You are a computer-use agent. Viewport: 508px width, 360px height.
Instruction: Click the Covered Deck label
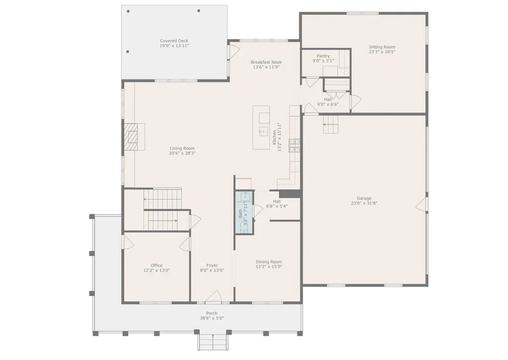pos(174,41)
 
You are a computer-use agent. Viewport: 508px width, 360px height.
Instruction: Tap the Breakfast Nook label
pos(266,62)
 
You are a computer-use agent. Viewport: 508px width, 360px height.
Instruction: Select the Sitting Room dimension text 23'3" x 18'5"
pos(382,52)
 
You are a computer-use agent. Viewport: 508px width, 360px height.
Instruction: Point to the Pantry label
pos(323,56)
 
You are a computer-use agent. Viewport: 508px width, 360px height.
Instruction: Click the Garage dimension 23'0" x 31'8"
pos(364,203)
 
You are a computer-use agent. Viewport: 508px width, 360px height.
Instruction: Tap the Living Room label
pos(182,148)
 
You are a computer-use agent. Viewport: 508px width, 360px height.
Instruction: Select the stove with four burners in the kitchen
pos(295,145)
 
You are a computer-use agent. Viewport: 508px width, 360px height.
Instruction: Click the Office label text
pos(156,265)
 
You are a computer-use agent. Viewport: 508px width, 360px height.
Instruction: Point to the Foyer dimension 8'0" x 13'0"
pos(212,270)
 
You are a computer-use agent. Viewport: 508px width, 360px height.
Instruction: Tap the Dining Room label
pos(269,262)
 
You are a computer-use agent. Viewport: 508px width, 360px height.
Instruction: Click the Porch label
pos(212,313)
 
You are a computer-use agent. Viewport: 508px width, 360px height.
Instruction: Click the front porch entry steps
pos(213,342)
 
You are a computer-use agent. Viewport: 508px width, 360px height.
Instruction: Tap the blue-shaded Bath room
pos(244,213)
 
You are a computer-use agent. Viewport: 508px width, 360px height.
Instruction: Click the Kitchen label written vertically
pos(274,137)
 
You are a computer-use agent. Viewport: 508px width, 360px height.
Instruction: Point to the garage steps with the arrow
pos(330,124)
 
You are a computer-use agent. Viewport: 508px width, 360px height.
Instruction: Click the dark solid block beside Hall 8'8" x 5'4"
pos(290,193)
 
